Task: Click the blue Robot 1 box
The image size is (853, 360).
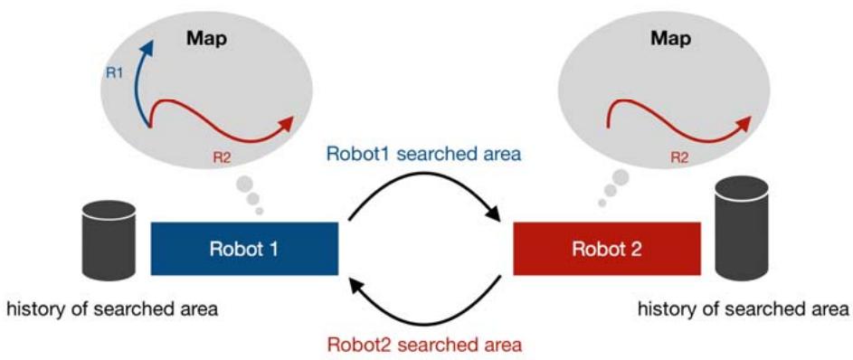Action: coord(244,249)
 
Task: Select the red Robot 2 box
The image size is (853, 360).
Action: coord(607,249)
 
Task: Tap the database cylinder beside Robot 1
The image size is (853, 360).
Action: coord(109,241)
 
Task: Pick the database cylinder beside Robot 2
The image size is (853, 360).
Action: coord(742,227)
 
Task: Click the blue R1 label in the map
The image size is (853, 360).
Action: coord(114,73)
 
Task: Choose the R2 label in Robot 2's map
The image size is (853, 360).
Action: coord(679,158)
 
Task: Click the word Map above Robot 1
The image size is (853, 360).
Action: coord(206,39)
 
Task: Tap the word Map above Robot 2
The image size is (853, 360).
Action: coord(671,39)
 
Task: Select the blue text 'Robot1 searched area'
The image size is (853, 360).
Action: coord(423,154)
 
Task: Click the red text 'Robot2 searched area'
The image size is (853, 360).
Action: coord(425,345)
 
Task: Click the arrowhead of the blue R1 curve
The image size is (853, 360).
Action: coord(146,48)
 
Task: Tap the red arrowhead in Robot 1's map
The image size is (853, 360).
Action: coord(287,123)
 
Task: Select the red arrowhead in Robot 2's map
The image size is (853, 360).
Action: coord(746,123)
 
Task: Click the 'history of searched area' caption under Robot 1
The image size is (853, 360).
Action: coord(112,310)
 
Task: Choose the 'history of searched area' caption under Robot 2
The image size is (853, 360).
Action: coord(743,310)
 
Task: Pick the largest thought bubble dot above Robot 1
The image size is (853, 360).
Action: coord(245,184)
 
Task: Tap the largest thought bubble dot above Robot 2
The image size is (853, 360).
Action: coord(621,177)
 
